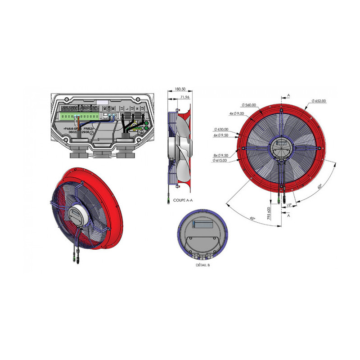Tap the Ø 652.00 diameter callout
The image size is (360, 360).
click(x=318, y=101)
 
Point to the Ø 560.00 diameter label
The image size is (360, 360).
click(x=248, y=105)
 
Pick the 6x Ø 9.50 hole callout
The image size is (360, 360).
click(x=221, y=135)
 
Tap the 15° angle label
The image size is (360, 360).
click(x=289, y=205)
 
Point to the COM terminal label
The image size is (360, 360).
click(x=109, y=108)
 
